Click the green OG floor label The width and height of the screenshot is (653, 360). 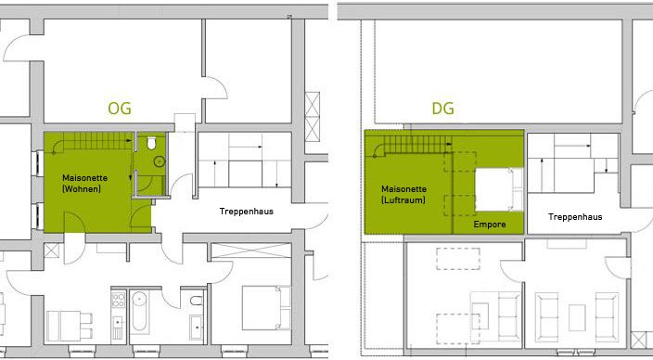tap(120, 109)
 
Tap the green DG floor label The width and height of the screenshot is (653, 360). tap(442, 109)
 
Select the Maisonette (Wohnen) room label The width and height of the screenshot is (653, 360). tap(84, 184)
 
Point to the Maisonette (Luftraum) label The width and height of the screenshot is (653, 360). tap(404, 195)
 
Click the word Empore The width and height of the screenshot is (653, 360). tap(490, 225)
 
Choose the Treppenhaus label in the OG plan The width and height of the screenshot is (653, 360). tap(247, 212)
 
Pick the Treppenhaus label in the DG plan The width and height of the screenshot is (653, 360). tap(575, 217)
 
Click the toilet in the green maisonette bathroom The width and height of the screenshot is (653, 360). tap(151, 143)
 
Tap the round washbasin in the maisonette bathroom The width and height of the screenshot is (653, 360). tap(160, 161)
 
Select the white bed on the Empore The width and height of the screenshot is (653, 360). tap(499, 189)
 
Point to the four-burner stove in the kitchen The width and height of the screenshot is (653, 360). tap(119, 300)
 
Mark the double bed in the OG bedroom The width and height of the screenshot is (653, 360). tap(266, 307)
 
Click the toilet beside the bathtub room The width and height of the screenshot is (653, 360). tap(196, 301)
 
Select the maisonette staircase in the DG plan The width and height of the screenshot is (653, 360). tap(413, 145)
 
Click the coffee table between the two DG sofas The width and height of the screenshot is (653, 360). tap(577, 317)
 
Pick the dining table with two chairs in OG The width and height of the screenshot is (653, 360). tap(70, 326)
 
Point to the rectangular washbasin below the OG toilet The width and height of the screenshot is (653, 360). tap(196, 328)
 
